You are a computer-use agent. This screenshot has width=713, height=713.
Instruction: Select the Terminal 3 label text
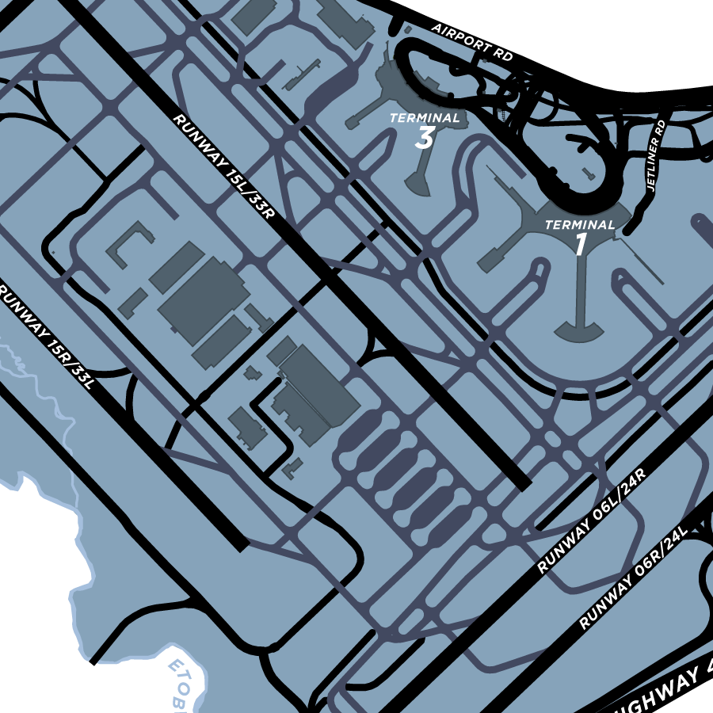tap(425, 118)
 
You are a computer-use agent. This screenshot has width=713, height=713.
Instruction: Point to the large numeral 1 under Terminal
tap(581, 245)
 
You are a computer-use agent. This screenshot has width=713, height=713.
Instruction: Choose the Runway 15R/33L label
tap(47, 337)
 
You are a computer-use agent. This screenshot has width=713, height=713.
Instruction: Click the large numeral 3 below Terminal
tap(425, 139)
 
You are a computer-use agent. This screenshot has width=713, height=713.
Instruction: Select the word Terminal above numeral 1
tap(580, 225)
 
